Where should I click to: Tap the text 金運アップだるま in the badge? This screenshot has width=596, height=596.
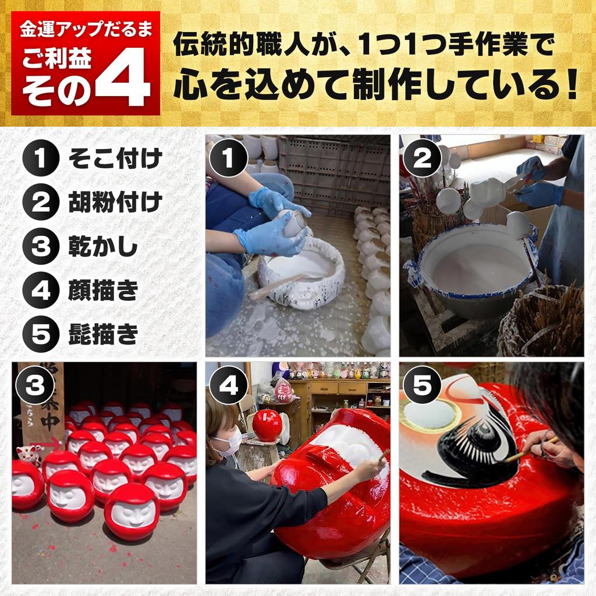coord(86,30)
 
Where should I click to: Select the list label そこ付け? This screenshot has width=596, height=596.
coord(115,158)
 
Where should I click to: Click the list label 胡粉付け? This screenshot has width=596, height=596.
coord(115,202)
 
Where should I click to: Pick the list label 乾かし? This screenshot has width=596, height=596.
coord(103,246)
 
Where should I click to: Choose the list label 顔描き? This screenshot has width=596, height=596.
coord(103,290)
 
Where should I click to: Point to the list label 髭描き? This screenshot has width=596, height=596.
coord(103,334)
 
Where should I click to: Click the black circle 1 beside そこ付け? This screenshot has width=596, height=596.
coord(41,158)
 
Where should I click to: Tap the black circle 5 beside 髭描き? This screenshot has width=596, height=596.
coord(41,334)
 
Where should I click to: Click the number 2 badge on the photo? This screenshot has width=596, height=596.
coord(422,158)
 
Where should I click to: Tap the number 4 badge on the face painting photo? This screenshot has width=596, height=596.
coord(229,385)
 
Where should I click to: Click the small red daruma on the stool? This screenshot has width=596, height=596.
coord(267,425)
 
